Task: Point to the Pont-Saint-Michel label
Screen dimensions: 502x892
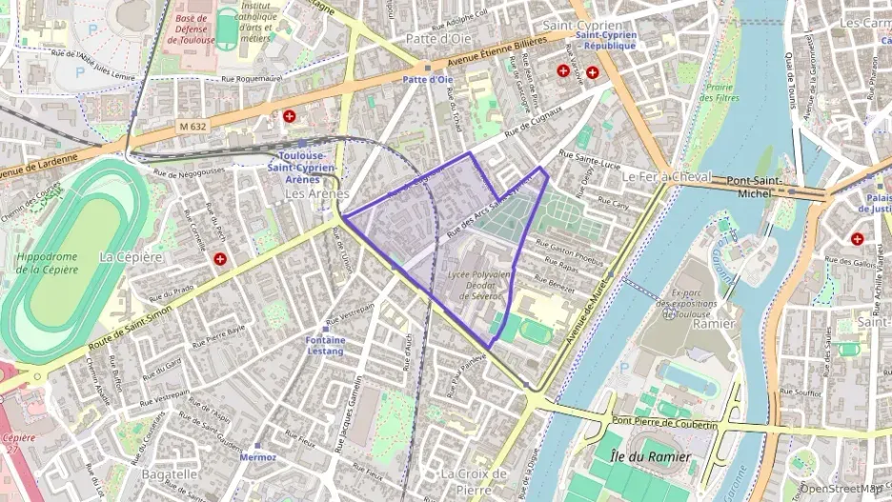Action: click(754, 187)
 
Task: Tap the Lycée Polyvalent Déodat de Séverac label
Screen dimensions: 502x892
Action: click(485, 284)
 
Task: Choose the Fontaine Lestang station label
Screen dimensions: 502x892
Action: click(325, 345)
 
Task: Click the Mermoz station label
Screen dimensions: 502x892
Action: click(258, 457)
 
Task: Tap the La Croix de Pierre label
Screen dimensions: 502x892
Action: click(473, 481)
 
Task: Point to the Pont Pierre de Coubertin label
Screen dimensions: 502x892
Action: click(664, 422)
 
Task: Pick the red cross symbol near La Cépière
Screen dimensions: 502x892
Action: click(220, 258)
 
